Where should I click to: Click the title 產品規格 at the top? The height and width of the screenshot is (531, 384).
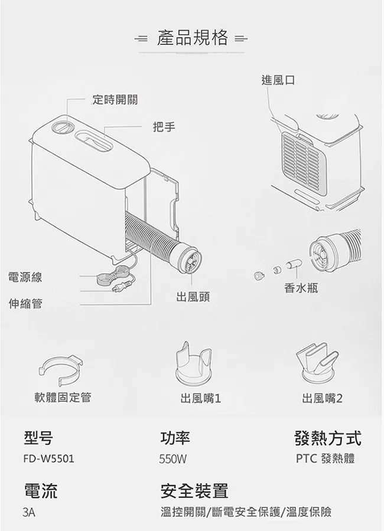193,38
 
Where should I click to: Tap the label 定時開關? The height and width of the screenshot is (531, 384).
115,100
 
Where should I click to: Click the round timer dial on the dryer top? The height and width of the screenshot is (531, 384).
62,128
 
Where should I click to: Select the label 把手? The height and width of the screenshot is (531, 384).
164,127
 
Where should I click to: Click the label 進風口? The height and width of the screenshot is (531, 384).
278,80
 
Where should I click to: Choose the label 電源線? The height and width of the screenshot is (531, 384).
25,277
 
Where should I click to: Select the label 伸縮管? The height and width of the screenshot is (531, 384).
25,303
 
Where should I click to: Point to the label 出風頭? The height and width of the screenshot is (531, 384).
193,297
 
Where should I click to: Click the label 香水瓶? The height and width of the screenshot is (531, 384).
301,288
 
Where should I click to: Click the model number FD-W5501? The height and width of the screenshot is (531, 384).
49,459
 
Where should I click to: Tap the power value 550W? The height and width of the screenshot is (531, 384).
173,459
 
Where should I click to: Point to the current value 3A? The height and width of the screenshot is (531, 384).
29,512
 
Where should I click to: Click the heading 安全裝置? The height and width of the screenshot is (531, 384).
194,491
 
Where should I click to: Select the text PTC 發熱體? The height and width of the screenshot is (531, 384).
326,458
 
